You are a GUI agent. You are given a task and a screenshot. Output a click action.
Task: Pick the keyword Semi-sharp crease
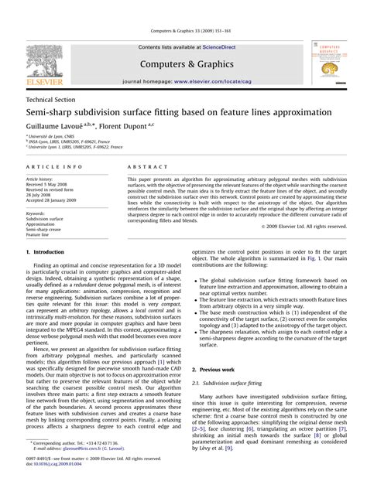pyautogui.click(x=46, y=208)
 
